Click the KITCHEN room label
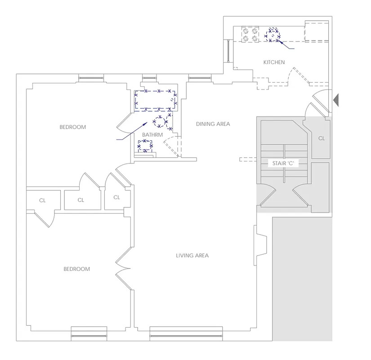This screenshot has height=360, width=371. [274, 62]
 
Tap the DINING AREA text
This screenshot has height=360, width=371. [213, 124]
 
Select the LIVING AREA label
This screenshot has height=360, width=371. [192, 256]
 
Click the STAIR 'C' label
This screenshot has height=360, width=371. [283, 163]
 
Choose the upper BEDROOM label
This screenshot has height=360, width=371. [72, 127]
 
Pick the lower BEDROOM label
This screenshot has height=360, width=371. [76, 269]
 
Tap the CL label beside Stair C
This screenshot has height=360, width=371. [321, 138]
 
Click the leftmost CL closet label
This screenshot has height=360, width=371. [42, 200]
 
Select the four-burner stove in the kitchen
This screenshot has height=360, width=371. [250, 35]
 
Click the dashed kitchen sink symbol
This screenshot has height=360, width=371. [273, 35]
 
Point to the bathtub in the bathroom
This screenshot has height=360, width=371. [156, 100]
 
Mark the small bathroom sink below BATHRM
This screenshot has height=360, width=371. [144, 145]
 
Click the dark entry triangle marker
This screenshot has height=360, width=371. [335, 100]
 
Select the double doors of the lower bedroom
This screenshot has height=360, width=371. [123, 269]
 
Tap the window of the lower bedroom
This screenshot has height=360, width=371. [89, 336]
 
